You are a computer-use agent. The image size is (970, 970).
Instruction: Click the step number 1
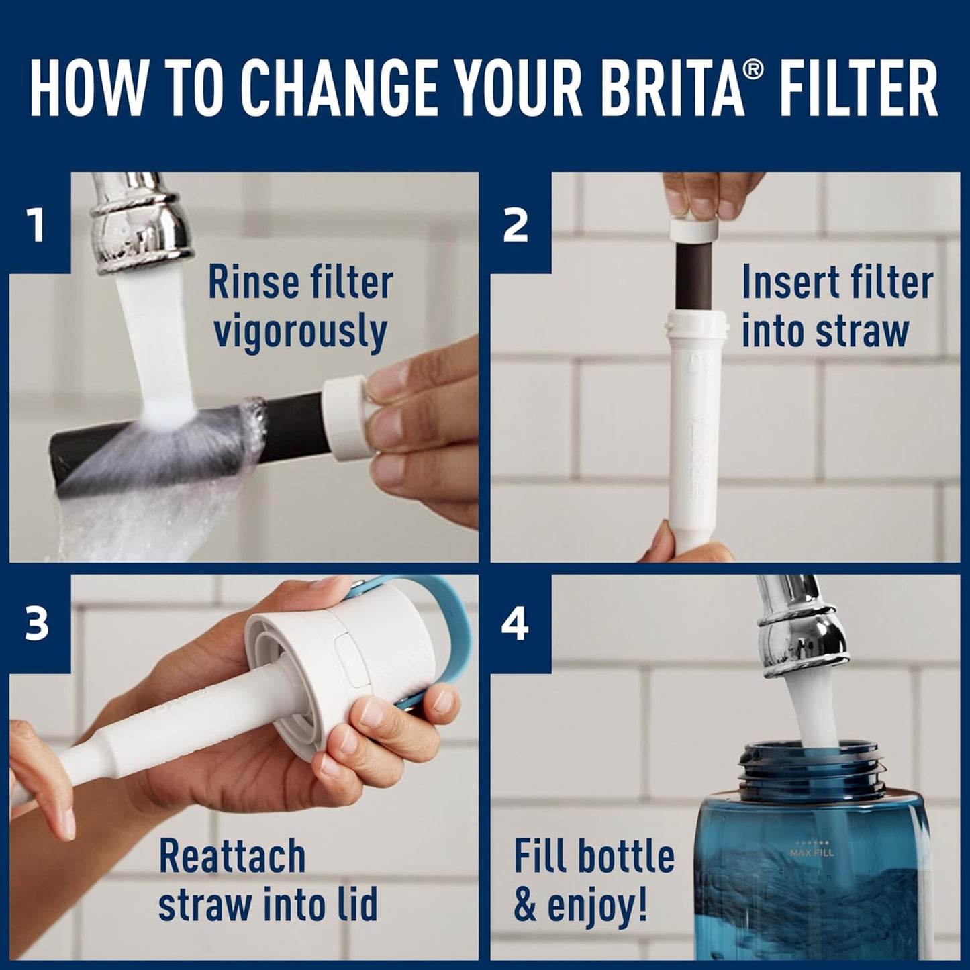[x=37, y=225]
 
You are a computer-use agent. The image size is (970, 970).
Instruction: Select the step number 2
[x=516, y=225]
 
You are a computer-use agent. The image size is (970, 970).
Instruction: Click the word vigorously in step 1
[x=300, y=332]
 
